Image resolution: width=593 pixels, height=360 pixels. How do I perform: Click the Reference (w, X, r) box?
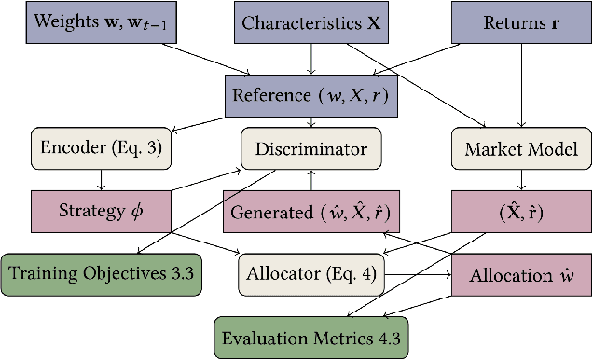coord(310,95)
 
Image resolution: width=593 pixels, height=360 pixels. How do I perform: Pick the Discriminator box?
coord(310,149)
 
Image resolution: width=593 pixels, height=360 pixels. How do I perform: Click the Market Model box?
coord(520,149)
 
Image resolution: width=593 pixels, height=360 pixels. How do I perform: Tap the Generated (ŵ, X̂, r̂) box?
coord(310,212)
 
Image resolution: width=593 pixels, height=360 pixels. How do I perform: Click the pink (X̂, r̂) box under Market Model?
coord(520,212)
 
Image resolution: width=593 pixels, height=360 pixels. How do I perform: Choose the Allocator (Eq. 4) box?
coord(310,274)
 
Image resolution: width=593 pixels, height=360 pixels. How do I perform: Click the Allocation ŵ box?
coord(520,274)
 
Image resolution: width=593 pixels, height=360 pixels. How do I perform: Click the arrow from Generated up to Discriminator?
coord(310,180)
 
